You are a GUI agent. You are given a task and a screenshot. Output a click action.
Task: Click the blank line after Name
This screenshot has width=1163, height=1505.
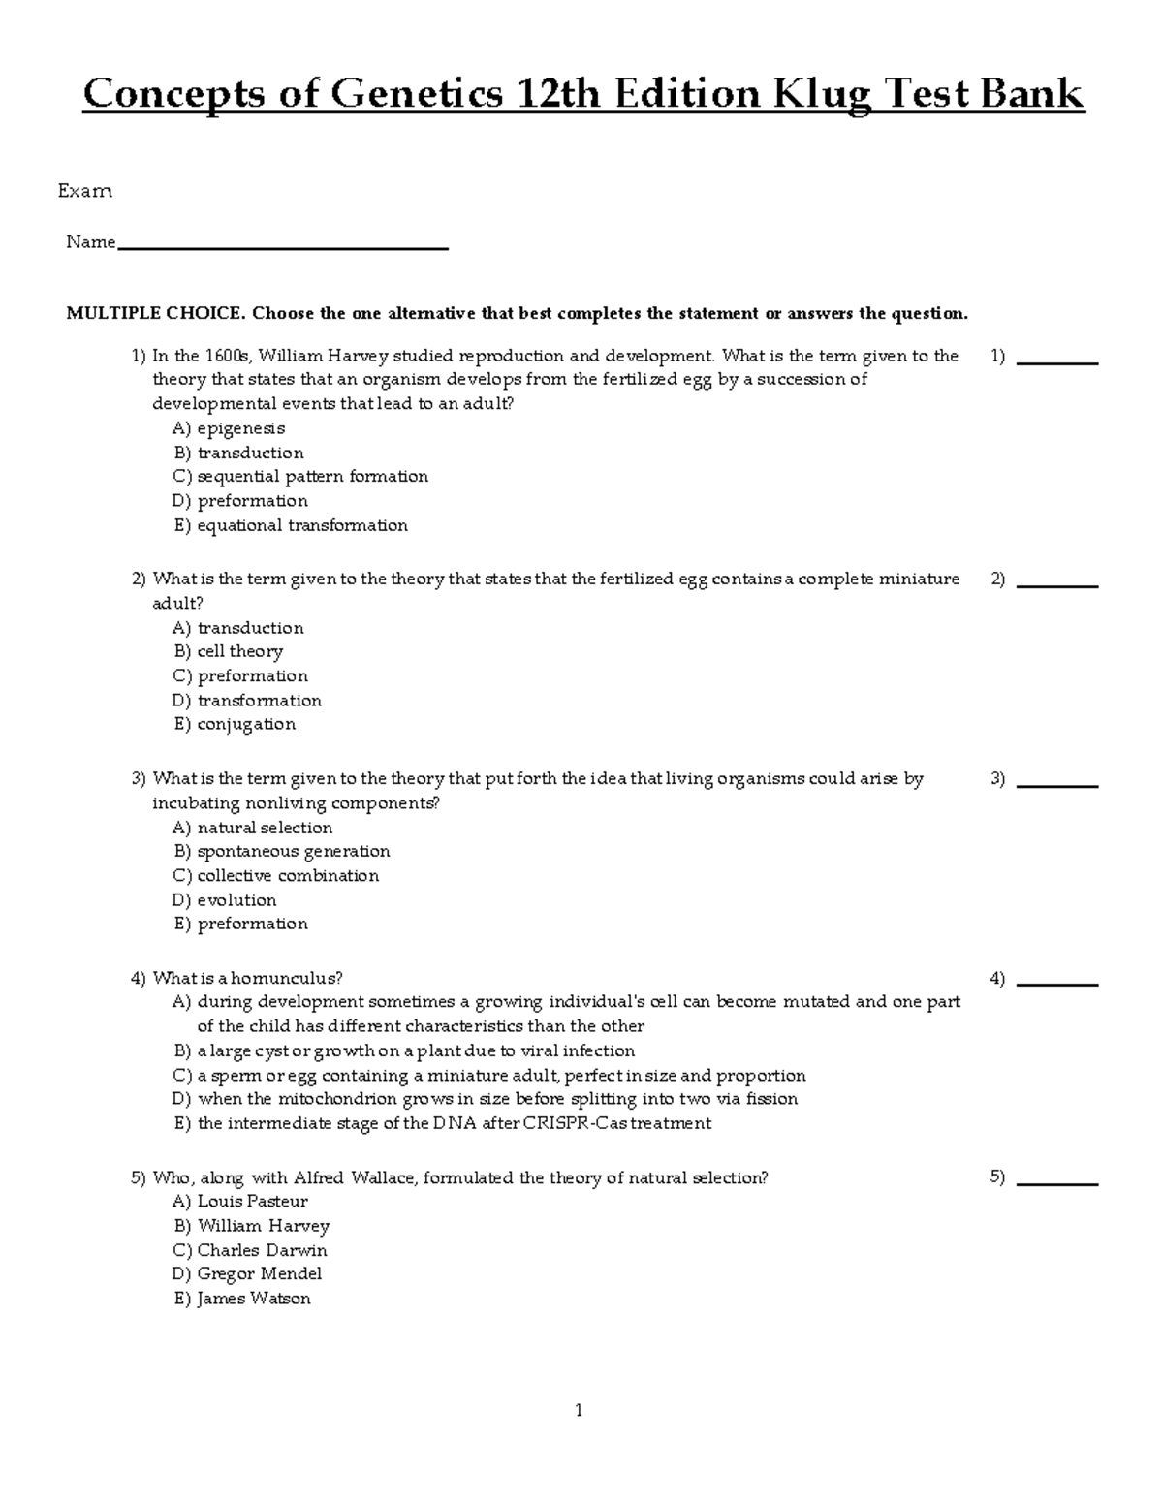coord(282,247)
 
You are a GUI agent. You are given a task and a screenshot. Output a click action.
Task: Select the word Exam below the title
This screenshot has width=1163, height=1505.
coord(85,191)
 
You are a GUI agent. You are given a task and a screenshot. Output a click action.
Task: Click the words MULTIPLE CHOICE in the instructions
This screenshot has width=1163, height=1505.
coord(154,313)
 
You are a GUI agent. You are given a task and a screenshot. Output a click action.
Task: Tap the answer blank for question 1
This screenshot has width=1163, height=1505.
coord(1057,361)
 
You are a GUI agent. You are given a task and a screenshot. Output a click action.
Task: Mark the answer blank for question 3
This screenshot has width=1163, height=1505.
coord(1057,784)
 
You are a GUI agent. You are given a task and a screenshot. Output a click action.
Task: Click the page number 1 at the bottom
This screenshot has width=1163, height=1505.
coord(579,1411)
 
